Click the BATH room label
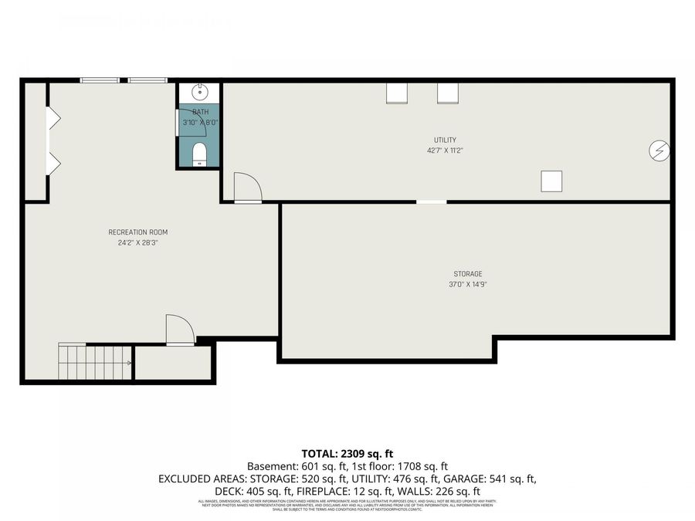point(200,112)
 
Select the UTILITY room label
point(445,140)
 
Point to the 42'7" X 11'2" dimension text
point(445,151)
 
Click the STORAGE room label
point(467,274)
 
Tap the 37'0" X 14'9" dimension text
point(467,284)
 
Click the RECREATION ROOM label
point(137,232)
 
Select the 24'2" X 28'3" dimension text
point(137,242)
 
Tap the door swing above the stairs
point(179,330)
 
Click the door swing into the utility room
point(247,188)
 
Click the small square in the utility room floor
point(551,181)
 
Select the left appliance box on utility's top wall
point(397,93)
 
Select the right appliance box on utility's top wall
point(448,93)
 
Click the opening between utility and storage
point(431,202)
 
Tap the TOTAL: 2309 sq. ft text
point(347,453)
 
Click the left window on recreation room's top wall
point(100,80)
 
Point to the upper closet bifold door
point(54,118)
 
